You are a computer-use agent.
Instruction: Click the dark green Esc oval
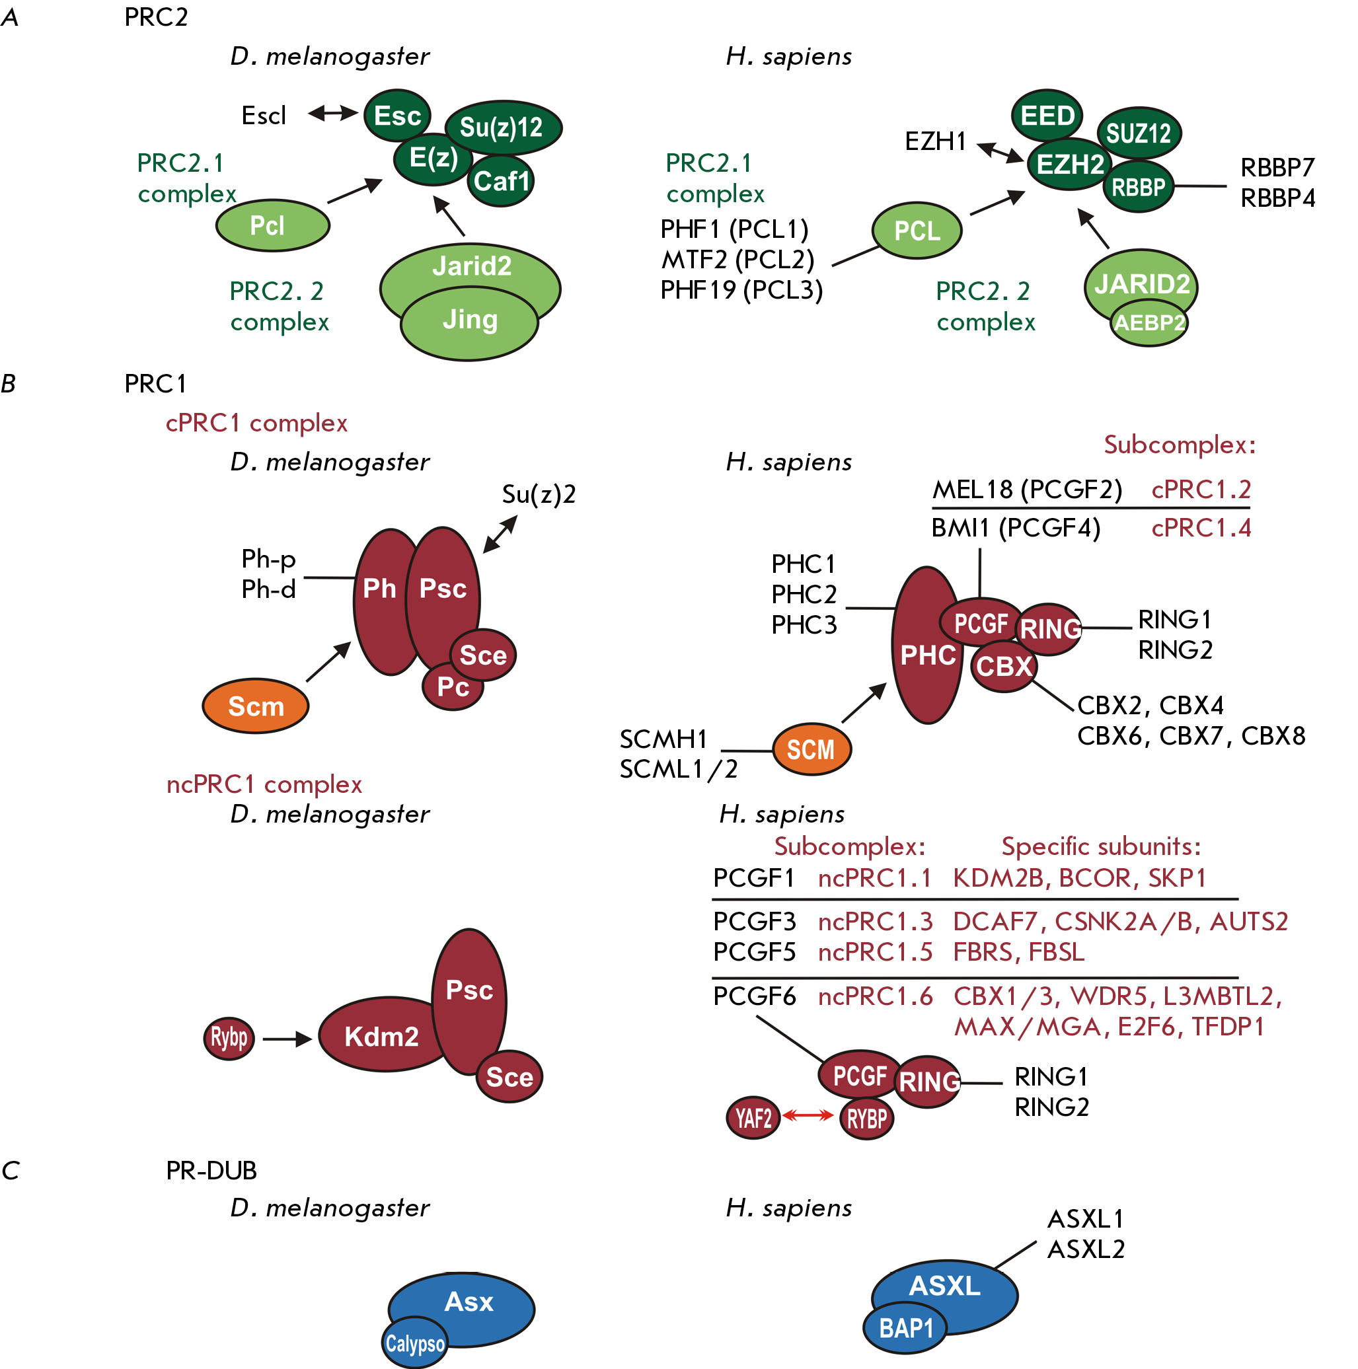click(398, 115)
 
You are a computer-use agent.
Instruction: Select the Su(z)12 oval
click(504, 128)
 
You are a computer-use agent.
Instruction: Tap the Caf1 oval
click(501, 180)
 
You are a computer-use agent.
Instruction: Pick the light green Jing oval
click(469, 323)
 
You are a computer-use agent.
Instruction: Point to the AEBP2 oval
click(1149, 323)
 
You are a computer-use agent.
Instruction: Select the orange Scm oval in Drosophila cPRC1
click(256, 706)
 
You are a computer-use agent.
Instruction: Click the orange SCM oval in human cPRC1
click(811, 749)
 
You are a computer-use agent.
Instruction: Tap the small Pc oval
click(453, 686)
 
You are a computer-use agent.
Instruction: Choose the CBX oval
click(1004, 666)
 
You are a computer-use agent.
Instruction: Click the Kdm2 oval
click(381, 1035)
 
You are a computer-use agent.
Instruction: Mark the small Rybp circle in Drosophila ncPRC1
click(229, 1039)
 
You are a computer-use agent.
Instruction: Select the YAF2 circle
click(753, 1118)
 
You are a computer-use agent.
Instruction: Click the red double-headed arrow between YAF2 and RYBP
click(808, 1116)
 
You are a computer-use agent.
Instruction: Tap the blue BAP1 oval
click(906, 1328)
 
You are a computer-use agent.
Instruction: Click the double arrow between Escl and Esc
click(333, 113)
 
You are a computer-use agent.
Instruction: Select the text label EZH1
click(936, 141)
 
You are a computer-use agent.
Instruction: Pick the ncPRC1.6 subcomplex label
click(876, 996)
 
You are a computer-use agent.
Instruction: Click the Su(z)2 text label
click(539, 494)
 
